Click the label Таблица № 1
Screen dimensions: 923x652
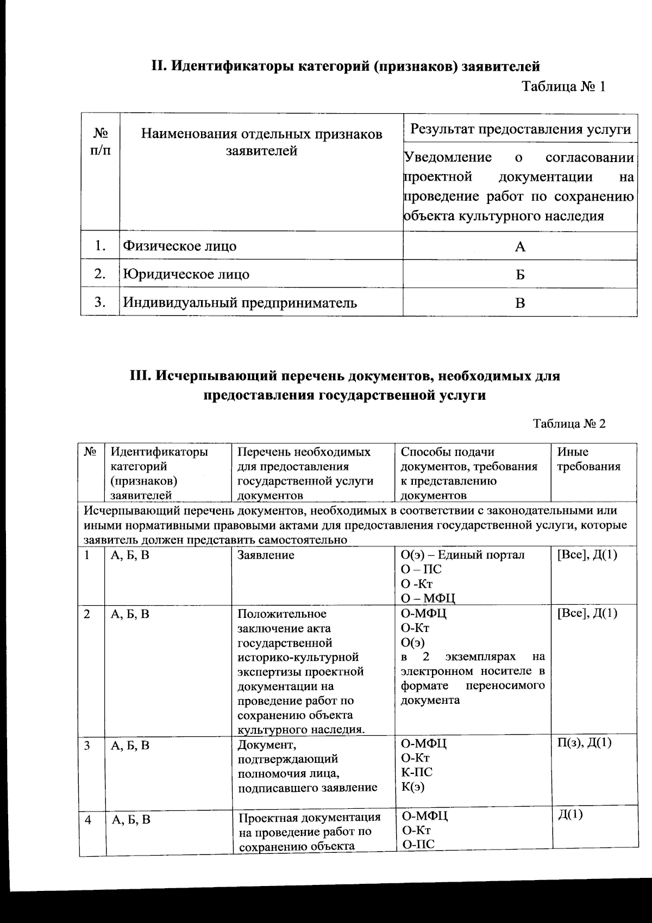[x=563, y=87]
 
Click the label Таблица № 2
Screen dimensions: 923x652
[x=569, y=424]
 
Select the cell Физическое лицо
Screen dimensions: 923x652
[x=179, y=246]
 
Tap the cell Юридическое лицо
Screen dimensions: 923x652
[x=186, y=274]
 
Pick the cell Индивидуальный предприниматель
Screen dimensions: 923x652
[x=240, y=302]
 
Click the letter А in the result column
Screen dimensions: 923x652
[x=520, y=247]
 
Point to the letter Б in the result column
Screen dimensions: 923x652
[x=520, y=275]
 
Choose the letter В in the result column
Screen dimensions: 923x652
[x=520, y=303]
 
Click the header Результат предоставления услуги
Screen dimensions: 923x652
[x=520, y=129]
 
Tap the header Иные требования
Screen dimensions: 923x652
[x=588, y=459]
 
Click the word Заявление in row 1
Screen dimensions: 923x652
[x=266, y=555]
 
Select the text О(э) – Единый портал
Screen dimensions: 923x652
[x=462, y=555]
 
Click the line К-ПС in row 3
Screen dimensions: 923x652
[x=416, y=772]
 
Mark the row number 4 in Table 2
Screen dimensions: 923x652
[x=87, y=820]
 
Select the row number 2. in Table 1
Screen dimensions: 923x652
[x=99, y=274]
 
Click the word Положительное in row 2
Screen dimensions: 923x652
[x=282, y=614]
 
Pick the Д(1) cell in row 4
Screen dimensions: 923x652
[x=570, y=815]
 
